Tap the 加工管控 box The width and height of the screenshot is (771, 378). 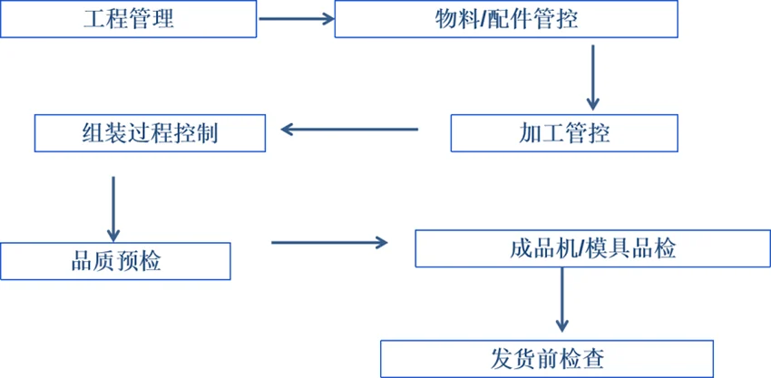click(x=564, y=133)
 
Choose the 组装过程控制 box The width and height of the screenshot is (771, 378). click(x=150, y=133)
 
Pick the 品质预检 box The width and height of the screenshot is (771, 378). click(x=115, y=261)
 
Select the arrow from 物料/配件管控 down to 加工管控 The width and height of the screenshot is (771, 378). click(x=592, y=76)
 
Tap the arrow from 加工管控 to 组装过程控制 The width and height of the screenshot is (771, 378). click(x=349, y=130)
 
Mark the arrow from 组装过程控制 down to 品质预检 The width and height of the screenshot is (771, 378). click(x=113, y=206)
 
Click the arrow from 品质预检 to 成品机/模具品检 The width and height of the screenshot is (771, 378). click(x=328, y=242)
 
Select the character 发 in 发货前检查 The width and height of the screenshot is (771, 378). click(x=502, y=359)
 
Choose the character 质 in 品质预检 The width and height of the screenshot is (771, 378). click(x=103, y=261)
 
